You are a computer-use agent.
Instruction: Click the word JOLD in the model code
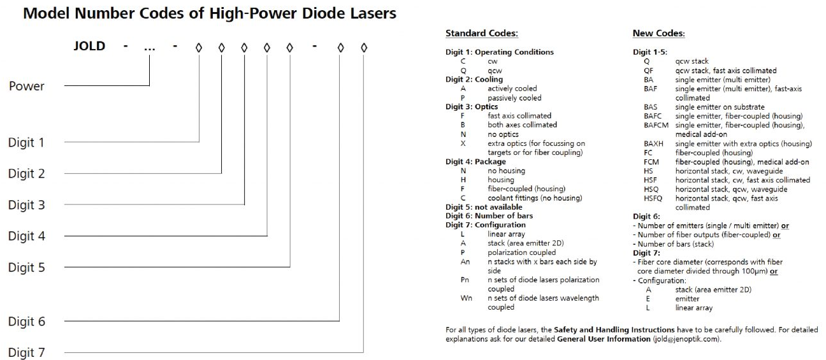90,46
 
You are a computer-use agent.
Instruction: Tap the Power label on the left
27,86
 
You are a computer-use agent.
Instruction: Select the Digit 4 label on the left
27,236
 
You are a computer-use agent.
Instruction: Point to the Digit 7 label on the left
27,352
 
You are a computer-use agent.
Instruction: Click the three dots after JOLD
149,48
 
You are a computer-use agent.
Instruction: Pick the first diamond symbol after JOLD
199,48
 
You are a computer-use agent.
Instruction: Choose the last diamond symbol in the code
364,48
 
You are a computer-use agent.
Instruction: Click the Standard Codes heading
482,33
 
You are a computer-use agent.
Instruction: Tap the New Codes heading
658,33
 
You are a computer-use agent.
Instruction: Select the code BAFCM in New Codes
656,126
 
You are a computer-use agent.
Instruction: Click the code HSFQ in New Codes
653,198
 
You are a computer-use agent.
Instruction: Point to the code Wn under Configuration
466,298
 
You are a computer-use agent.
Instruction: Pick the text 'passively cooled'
514,98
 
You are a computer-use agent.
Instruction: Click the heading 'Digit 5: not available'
484,207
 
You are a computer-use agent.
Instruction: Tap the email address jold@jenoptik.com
686,339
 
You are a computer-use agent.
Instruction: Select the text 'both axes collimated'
522,125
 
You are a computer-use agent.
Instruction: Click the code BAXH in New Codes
653,144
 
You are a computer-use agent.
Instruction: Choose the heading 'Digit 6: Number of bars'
489,216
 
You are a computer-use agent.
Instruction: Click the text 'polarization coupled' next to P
521,253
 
